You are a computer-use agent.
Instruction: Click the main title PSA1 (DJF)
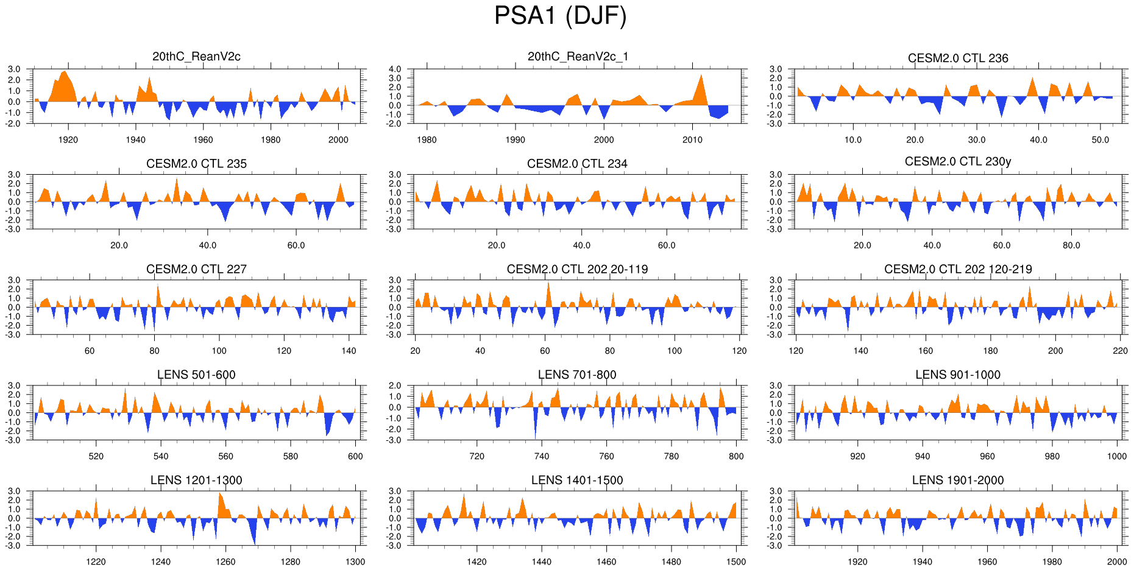point(560,16)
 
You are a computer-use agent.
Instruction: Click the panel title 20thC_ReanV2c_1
point(577,57)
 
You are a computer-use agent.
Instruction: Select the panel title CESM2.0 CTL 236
point(958,58)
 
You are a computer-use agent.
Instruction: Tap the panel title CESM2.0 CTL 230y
point(958,161)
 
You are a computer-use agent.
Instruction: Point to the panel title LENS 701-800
point(577,375)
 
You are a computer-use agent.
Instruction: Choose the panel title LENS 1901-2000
point(958,480)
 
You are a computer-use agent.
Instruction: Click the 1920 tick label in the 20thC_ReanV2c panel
point(68,140)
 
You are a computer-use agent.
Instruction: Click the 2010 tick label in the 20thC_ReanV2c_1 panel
point(692,140)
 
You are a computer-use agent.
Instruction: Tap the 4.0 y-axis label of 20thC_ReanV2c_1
point(395,69)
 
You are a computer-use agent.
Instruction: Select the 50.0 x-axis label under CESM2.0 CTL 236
point(1100,140)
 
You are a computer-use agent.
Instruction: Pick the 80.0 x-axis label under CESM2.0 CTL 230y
point(1071,245)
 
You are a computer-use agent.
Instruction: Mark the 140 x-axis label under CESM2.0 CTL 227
point(349,351)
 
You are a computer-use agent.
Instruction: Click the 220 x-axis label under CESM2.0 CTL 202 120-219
point(1120,351)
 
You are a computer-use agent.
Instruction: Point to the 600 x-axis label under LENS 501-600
point(355,456)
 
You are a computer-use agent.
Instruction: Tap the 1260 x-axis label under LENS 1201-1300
point(225,561)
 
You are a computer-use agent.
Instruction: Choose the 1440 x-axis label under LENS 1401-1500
point(541,561)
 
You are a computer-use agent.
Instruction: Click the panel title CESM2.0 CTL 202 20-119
point(577,269)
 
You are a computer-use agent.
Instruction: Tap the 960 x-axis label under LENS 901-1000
point(987,456)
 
